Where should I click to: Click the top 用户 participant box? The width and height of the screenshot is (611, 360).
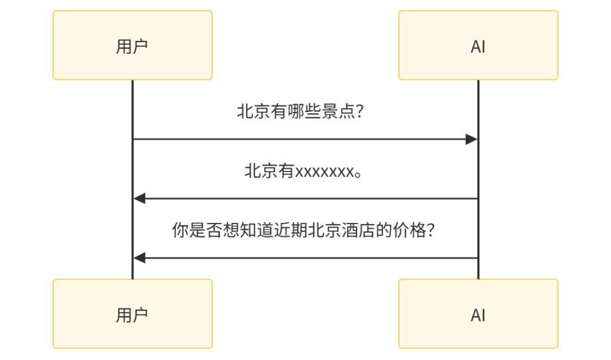click(132, 45)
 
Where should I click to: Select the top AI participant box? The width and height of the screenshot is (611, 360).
click(478, 45)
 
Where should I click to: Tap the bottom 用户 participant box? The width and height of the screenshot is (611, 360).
click(132, 314)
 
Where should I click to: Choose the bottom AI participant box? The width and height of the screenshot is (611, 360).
click(478, 314)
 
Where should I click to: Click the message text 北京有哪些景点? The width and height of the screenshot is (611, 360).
click(300, 112)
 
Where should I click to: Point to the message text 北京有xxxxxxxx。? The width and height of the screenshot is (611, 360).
click(303, 171)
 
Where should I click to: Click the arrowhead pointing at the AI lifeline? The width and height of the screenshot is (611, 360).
click(472, 139)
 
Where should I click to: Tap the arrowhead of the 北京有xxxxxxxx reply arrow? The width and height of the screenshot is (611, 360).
click(139, 199)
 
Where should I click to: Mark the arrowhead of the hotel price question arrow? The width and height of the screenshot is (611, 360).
click(139, 258)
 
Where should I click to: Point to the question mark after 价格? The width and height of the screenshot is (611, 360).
click(429, 231)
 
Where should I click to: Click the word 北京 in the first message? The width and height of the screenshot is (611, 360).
click(252, 112)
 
